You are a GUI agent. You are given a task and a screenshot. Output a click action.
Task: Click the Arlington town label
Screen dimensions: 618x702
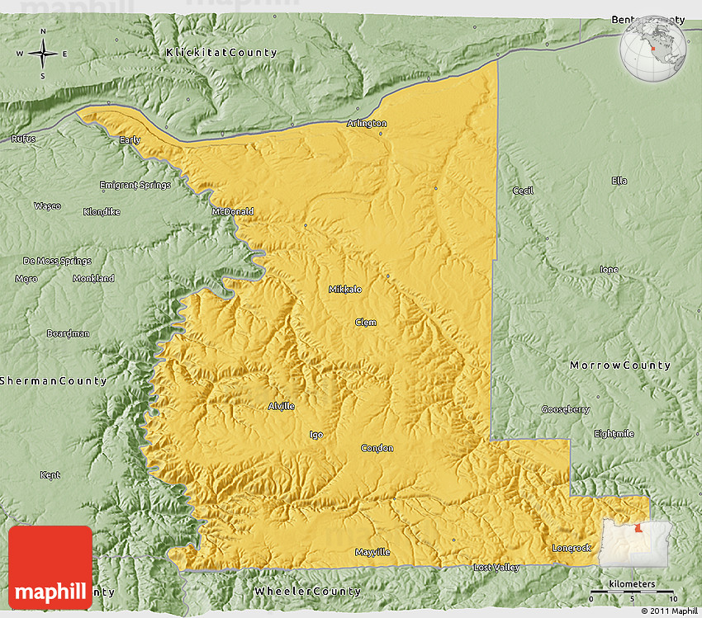(x=367, y=124)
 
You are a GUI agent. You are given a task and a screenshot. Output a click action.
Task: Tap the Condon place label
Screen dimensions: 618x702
(x=377, y=448)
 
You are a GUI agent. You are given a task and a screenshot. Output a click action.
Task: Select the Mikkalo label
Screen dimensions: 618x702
(x=345, y=290)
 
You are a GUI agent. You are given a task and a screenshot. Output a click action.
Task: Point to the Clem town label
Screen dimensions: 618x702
(x=366, y=322)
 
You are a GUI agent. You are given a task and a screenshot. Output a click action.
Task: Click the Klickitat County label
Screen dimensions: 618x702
(x=221, y=53)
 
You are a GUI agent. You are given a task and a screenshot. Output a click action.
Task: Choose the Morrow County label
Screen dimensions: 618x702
(x=620, y=365)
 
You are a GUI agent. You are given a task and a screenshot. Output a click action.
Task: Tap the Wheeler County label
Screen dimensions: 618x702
(x=308, y=591)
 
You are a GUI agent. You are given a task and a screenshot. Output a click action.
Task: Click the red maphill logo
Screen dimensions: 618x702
(x=50, y=568)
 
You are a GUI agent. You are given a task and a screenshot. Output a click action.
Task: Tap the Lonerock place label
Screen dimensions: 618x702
(x=572, y=548)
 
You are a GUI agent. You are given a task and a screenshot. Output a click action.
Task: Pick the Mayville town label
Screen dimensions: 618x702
(x=372, y=552)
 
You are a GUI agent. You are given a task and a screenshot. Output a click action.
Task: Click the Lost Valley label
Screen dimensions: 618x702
(x=496, y=568)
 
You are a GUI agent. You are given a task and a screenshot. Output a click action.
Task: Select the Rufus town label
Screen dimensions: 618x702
(x=23, y=139)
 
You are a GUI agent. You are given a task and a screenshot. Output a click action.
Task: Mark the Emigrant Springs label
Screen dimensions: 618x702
(x=135, y=185)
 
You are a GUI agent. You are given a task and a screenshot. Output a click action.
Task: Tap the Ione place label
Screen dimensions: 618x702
(x=609, y=270)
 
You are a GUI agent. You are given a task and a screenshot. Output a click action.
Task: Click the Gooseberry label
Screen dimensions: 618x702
(x=566, y=409)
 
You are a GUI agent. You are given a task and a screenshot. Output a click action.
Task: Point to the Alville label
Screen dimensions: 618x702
(x=281, y=406)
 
